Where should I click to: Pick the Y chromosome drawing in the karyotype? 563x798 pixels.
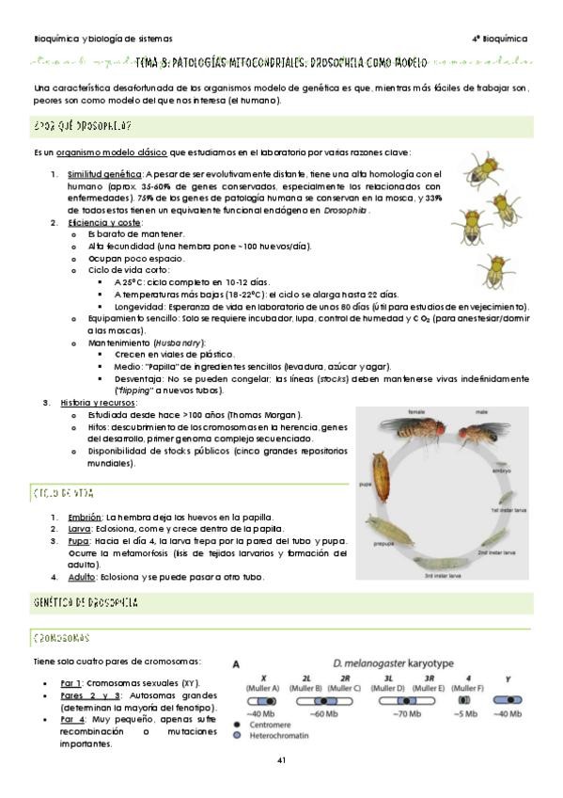[x=508, y=701]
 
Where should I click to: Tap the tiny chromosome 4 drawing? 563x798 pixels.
[x=463, y=701]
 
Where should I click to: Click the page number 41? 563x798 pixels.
[x=281, y=760]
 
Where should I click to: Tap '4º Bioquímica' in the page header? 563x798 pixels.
[x=498, y=40]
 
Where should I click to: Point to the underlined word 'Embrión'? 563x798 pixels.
[x=85, y=517]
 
